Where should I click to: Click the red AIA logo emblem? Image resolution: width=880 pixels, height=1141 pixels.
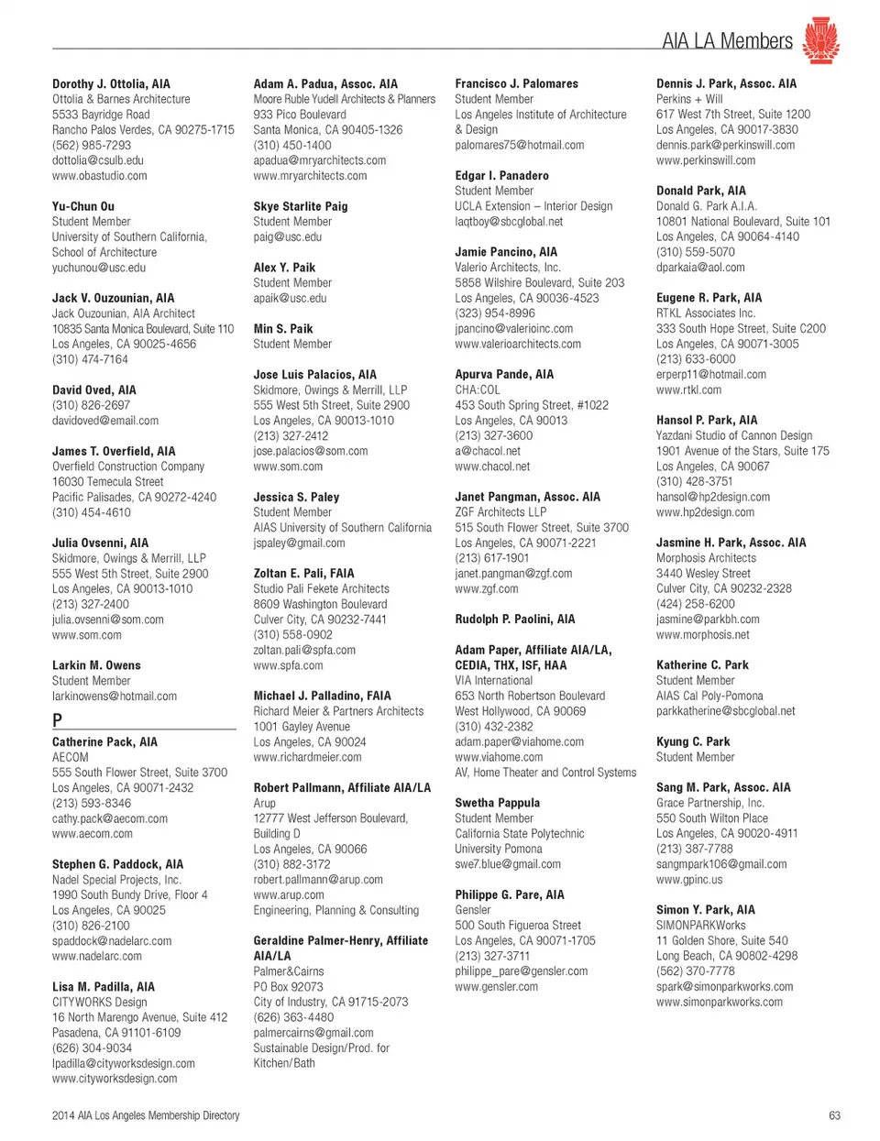pos(820,39)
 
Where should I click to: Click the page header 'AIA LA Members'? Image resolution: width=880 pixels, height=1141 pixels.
pos(727,40)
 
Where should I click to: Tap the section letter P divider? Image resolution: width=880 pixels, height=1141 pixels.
pos(58,720)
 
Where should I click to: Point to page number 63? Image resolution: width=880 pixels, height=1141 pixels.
pos(834,1115)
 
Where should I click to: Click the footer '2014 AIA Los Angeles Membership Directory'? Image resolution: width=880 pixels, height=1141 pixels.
pos(146,1115)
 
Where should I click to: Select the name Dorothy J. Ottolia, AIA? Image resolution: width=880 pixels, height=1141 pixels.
pos(111,83)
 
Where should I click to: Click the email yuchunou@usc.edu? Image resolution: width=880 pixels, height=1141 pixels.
pos(99,268)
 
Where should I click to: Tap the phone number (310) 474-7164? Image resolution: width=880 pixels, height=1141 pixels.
pos(90,359)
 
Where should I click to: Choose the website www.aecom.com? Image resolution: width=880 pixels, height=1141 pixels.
pos(93,834)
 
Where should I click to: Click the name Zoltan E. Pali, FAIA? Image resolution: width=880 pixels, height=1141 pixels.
pos(303,573)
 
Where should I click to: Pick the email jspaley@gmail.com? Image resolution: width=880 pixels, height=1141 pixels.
pos(300,543)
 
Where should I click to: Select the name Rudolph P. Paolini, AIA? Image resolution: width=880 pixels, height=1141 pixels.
pos(515,619)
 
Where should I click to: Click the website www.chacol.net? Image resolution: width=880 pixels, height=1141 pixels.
pos(492,466)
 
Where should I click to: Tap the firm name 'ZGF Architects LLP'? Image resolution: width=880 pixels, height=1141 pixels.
pos(500,512)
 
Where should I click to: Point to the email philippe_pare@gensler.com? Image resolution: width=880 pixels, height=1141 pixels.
pos(522,971)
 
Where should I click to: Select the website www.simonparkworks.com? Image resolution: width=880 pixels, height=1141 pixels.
pos(720,1002)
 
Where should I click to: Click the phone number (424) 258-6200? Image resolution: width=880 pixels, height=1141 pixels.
pos(695,604)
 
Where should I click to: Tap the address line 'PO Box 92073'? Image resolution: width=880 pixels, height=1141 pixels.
pos(288,987)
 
